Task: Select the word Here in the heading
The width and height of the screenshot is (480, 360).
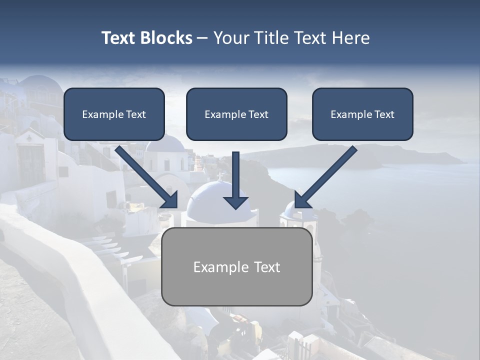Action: coord(349,38)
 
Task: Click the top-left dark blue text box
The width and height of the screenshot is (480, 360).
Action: coord(114,114)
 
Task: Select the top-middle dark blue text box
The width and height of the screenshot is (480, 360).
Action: coord(236,114)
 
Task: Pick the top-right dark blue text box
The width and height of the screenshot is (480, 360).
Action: coord(362,114)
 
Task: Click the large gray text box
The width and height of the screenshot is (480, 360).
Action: coord(236,267)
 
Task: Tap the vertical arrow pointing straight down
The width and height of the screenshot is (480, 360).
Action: coord(235,180)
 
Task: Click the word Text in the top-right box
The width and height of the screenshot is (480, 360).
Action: coord(384,114)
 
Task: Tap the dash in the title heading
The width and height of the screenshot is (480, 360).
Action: coord(202,38)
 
